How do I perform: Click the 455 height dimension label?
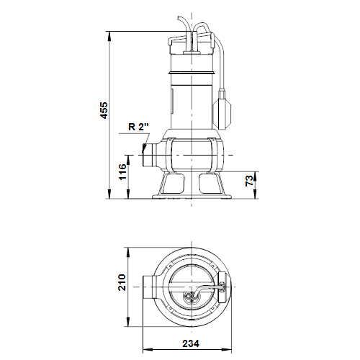(104, 110)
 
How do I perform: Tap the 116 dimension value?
(122, 172)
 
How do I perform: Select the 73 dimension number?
(250, 181)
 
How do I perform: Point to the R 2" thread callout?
(138, 127)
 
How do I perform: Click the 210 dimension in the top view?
(122, 282)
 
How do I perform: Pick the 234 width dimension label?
(191, 343)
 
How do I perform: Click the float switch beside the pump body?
(222, 109)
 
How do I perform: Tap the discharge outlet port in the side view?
(150, 155)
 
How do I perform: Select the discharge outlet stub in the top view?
(149, 287)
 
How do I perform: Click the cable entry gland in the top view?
(192, 296)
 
